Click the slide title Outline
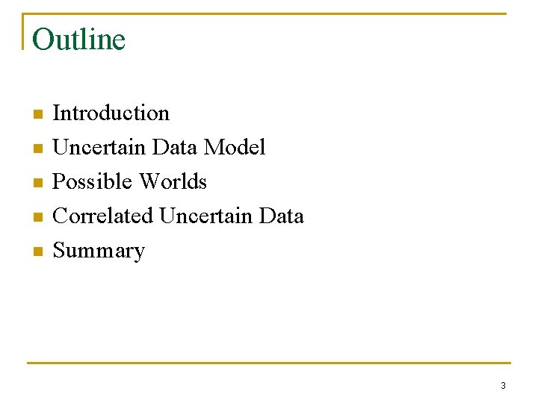[78, 40]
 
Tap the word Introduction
[111, 113]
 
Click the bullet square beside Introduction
[37, 115]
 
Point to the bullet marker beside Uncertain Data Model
[37, 149]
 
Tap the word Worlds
[173, 182]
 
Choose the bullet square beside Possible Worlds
[37, 184]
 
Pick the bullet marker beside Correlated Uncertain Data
[37, 218]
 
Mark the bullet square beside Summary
[37, 252]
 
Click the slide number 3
[503, 386]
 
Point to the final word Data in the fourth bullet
[281, 216]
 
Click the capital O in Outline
[43, 40]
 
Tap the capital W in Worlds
[149, 182]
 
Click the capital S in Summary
[59, 251]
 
